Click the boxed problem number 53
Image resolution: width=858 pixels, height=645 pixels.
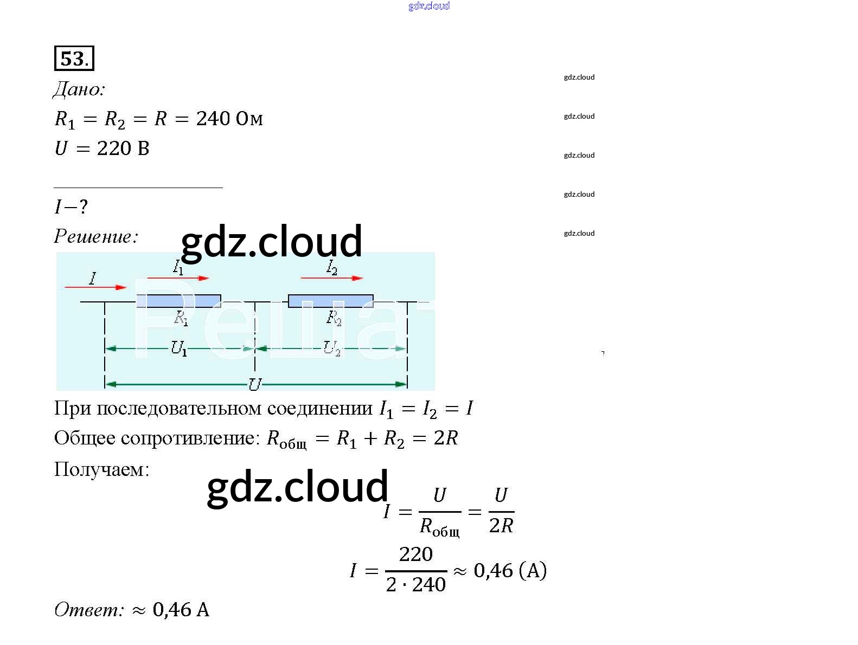click(74, 59)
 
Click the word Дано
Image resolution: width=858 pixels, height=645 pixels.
click(79, 89)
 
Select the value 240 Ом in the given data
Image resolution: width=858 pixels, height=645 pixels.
click(229, 119)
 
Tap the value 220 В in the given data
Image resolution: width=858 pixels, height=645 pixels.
click(123, 149)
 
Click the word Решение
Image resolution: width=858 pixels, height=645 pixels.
click(96, 236)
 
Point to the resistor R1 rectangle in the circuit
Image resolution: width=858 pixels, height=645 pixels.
click(178, 301)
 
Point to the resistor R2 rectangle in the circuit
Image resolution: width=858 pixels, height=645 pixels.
click(330, 301)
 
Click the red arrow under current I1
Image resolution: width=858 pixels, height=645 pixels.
click(178, 278)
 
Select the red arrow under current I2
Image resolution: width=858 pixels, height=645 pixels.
click(331, 278)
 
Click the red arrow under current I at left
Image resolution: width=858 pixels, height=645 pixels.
click(95, 287)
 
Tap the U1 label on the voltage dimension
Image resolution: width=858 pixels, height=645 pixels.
click(179, 348)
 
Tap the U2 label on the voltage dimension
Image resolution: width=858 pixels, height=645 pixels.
click(332, 348)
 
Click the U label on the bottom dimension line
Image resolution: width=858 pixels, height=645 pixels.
click(254, 384)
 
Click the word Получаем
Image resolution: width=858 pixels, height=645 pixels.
click(101, 469)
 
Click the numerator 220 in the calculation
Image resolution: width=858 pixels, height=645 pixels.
click(416, 554)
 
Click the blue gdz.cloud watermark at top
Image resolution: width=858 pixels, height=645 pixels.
click(429, 6)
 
